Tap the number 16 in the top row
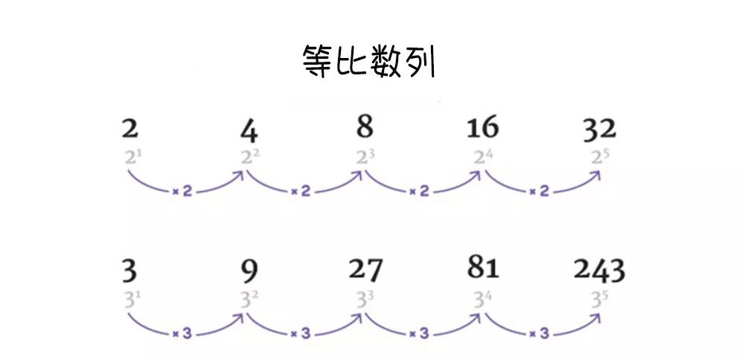[x=482, y=128]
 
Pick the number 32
[x=599, y=129]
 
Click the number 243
[x=599, y=271]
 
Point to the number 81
[x=482, y=267]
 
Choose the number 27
[x=365, y=271]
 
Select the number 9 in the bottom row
[x=249, y=272]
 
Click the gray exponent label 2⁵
[x=599, y=158]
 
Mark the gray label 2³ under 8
[x=365, y=158]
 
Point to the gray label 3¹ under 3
[x=130, y=300]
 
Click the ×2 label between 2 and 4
[x=182, y=192]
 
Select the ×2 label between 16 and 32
[x=539, y=192]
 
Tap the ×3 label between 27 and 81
[x=420, y=334]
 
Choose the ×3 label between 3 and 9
[x=182, y=334]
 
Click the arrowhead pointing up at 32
[x=595, y=175]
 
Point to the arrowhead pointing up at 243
[x=595, y=318]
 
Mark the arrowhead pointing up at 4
[x=240, y=175]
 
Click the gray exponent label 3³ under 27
[x=365, y=300]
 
